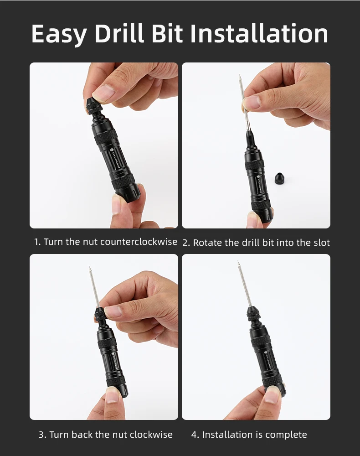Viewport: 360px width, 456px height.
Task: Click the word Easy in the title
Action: [x=59, y=34]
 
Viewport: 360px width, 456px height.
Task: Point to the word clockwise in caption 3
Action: [x=151, y=435]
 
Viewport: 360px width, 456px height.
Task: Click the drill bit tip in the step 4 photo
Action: [x=238, y=262]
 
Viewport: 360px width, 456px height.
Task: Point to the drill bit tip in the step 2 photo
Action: [x=240, y=75]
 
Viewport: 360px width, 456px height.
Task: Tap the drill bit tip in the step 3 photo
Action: [x=90, y=268]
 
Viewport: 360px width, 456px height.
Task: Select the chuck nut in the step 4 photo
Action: [x=253, y=315]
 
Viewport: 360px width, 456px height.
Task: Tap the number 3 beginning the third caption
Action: [x=41, y=435]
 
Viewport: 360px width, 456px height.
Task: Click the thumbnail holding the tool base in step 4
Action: [x=272, y=394]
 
